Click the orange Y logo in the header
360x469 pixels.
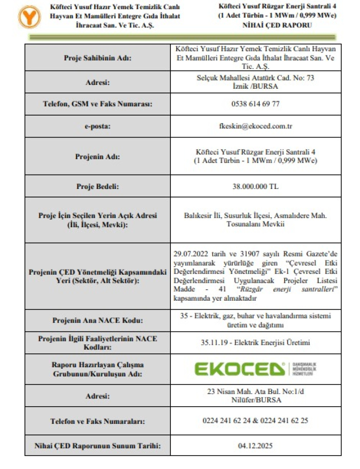tap(27, 17)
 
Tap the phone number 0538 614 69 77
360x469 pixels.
tap(255, 104)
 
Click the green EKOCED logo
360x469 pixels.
tap(240, 369)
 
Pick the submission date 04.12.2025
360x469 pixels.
tap(255, 446)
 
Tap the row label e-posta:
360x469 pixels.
tap(97, 127)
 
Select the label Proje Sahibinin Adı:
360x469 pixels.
tap(97, 59)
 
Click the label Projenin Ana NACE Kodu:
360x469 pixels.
tap(97, 320)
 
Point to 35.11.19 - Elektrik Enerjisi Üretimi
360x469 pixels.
tap(255, 342)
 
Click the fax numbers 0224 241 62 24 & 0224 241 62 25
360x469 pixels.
tap(255, 422)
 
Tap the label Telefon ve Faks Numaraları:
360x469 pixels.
tap(97, 422)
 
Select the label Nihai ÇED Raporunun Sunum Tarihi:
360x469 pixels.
tap(97, 446)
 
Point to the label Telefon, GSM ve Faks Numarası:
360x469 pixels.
tap(97, 104)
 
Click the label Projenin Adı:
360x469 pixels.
tap(97, 156)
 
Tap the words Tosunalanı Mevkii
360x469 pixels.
tap(255, 224)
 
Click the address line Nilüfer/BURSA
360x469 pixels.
tap(255, 400)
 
